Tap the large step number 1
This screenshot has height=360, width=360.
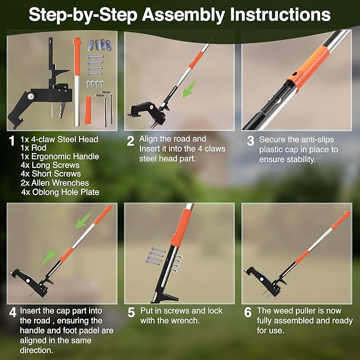(x=12, y=141)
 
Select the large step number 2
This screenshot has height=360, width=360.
(x=131, y=141)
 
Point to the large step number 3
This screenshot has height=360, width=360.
(x=250, y=141)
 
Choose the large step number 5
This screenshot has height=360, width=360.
(x=131, y=313)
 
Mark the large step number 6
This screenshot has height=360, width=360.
(x=248, y=313)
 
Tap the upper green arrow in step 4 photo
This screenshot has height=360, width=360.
(x=84, y=219)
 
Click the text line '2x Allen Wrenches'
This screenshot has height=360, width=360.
(x=55, y=183)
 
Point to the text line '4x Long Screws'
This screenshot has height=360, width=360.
(x=50, y=165)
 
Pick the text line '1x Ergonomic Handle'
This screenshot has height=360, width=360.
(x=59, y=157)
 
